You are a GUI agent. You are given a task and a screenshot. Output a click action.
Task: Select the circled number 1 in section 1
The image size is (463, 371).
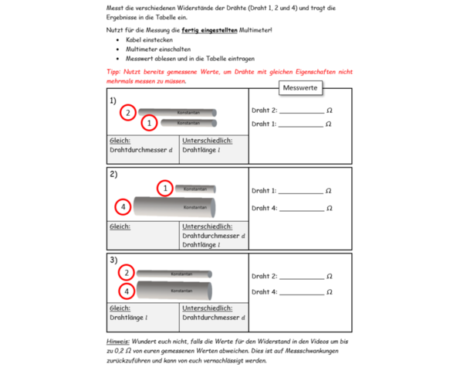[149, 123]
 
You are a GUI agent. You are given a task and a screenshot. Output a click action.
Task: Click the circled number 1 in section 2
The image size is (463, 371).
[164, 188]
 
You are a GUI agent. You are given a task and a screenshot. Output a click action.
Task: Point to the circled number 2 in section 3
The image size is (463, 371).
[126, 273]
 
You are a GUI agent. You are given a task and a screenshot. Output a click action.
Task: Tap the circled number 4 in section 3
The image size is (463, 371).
[126, 291]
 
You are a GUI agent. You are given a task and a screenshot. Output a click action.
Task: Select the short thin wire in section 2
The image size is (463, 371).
[195, 188]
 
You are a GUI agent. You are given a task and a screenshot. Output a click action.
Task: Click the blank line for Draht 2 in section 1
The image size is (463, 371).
[302, 112]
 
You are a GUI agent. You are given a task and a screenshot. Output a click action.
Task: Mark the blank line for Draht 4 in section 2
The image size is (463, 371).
[302, 209]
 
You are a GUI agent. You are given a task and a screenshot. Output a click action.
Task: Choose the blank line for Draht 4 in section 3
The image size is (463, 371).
[302, 293]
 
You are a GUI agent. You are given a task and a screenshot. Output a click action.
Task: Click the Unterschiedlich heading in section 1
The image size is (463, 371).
[207, 141]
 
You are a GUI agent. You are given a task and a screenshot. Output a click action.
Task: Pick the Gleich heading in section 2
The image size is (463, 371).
[120, 226]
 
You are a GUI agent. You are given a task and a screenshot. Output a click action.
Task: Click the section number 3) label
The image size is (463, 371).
[113, 260]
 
